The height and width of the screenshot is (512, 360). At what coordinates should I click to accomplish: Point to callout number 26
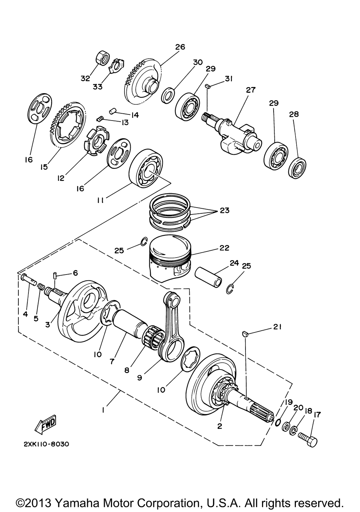point(180,47)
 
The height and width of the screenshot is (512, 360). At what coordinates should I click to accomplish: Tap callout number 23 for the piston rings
point(224,210)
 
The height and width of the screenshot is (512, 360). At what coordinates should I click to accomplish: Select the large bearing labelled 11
point(146,168)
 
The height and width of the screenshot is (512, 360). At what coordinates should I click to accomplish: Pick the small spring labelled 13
point(99,119)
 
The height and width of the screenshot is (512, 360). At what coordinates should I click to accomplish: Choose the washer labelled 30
point(168,95)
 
